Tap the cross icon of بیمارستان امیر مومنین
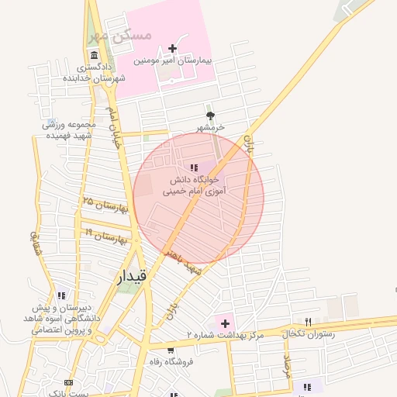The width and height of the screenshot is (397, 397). point(172,48)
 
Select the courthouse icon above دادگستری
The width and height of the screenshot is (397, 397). point(94,56)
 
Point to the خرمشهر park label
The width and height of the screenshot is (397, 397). point(209,126)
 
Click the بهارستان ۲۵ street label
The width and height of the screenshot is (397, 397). point(104,205)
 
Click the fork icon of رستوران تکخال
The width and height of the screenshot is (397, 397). point(308,322)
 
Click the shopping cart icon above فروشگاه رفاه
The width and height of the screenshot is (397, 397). point(171,350)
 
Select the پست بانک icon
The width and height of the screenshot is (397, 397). point(69,383)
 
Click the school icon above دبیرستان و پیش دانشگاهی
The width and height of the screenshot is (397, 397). point(61,295)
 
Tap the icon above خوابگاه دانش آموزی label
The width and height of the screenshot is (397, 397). point(194,167)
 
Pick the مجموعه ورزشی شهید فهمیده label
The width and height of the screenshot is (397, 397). point(68,129)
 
